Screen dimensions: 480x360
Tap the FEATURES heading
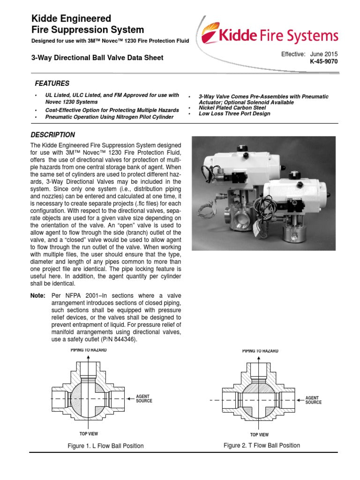52,83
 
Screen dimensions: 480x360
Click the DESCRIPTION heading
52,135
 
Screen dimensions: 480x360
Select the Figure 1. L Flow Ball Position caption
105,446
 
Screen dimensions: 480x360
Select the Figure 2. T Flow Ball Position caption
262,445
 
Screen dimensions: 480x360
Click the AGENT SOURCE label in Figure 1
144,399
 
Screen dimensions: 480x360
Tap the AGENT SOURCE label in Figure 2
313,400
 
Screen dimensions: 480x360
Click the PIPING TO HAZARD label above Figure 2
260,351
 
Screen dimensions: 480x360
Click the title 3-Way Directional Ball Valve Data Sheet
97,58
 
